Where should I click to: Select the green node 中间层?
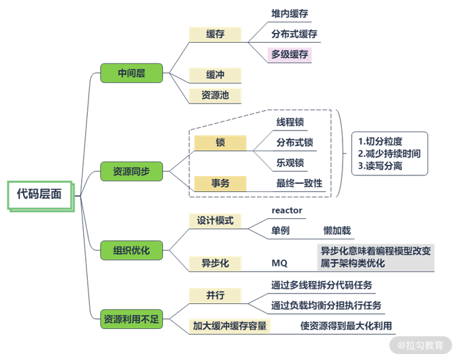point(131,73)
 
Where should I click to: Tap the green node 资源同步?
point(131,172)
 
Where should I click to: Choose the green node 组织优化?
point(131,250)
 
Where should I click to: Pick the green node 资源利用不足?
point(131,318)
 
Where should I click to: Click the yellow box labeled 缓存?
point(215,34)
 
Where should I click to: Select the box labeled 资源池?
point(215,95)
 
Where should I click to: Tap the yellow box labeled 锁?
point(220,142)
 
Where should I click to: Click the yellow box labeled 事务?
point(220,183)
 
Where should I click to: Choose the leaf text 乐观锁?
point(291,162)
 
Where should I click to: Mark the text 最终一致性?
point(299,183)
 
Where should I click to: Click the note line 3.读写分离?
point(381,166)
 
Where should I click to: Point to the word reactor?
point(287,210)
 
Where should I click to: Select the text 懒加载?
point(337,231)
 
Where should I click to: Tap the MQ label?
point(280,263)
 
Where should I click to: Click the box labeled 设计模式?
point(215,220)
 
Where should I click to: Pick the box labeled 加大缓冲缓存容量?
point(232,325)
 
